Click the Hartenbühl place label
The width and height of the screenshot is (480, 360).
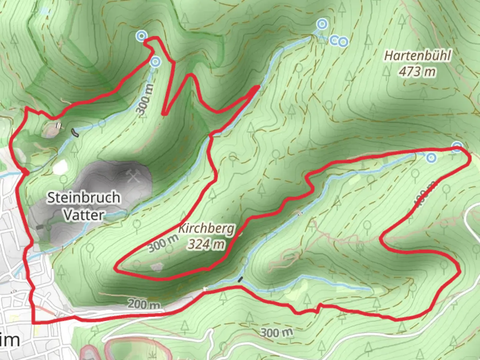tap(418, 55)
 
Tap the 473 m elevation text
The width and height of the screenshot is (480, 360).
tap(417, 71)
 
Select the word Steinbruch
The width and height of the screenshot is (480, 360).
tap(83, 198)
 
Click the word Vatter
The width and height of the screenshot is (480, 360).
tap(84, 215)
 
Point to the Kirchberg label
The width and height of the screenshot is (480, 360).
tap(206, 228)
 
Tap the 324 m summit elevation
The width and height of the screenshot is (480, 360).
tap(206, 244)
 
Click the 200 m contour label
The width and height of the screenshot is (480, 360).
tap(144, 304)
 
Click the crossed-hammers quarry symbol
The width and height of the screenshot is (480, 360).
tap(133, 176)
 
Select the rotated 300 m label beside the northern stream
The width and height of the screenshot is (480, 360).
tap(146, 99)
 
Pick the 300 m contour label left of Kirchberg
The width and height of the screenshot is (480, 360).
tap(163, 244)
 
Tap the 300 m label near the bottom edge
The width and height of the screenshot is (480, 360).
tap(276, 332)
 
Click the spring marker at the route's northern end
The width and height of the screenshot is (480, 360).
tap(141, 36)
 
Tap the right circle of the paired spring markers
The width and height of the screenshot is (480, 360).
tap(343, 42)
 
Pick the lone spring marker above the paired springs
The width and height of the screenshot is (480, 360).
tap(322, 24)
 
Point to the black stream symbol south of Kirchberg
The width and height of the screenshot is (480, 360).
tap(240, 279)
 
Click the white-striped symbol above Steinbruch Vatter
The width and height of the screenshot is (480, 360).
tap(59, 126)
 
